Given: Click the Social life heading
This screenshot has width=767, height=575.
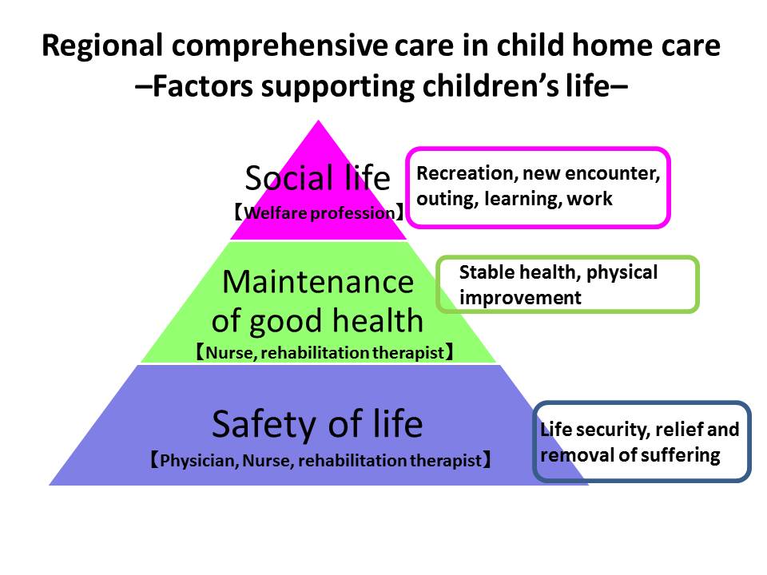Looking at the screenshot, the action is [317, 177].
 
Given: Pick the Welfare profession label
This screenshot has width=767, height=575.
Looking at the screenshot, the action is [319, 213].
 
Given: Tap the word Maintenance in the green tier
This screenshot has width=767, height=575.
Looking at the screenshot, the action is [318, 282].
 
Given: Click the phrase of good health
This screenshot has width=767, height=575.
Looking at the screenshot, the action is [317, 322].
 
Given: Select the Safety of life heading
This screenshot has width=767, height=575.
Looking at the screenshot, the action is [317, 424].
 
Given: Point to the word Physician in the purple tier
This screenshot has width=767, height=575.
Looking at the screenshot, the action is [199, 461].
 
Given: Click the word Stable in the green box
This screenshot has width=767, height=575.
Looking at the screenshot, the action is [487, 272].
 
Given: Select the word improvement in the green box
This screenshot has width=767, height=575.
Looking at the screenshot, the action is [520, 298].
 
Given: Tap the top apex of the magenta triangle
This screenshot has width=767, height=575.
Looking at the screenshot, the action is [319, 121].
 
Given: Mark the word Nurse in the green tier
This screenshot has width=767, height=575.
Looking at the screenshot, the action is [229, 353].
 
